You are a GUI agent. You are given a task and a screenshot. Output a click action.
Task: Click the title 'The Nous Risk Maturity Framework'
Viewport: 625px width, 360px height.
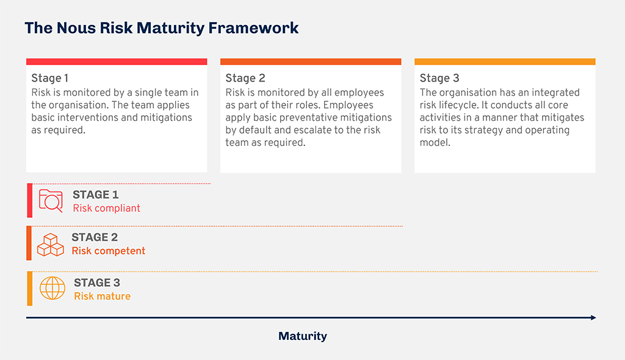point(162,28)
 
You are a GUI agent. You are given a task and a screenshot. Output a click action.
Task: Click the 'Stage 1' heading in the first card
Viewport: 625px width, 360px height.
point(50,78)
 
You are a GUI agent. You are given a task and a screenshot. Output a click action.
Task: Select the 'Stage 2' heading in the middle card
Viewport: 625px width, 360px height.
point(245,78)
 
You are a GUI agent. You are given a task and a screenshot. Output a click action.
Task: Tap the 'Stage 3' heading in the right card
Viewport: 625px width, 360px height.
point(439,78)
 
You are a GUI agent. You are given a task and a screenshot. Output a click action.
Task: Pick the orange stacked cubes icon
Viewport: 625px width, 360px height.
point(51,245)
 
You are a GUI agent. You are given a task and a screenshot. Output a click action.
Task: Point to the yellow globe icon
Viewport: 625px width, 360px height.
point(52,288)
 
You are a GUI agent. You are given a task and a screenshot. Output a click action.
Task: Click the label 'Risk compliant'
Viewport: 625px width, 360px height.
point(106,208)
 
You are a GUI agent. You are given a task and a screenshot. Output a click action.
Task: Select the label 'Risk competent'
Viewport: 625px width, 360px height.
point(109,251)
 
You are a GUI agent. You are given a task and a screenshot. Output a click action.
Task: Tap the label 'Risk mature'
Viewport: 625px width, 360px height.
point(102,296)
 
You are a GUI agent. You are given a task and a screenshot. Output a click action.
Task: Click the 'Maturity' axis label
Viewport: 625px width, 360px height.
point(303,336)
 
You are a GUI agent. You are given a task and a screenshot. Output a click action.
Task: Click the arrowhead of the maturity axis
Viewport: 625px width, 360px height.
point(592,317)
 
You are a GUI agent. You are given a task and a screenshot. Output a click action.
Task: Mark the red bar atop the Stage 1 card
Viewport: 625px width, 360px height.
point(117,62)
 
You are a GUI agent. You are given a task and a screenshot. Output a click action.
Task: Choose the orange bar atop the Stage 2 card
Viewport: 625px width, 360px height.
point(311,62)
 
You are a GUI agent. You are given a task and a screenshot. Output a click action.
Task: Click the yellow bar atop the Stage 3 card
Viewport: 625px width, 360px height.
point(505,62)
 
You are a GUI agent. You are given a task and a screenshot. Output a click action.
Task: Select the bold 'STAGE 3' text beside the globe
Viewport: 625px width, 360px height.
point(97,283)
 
